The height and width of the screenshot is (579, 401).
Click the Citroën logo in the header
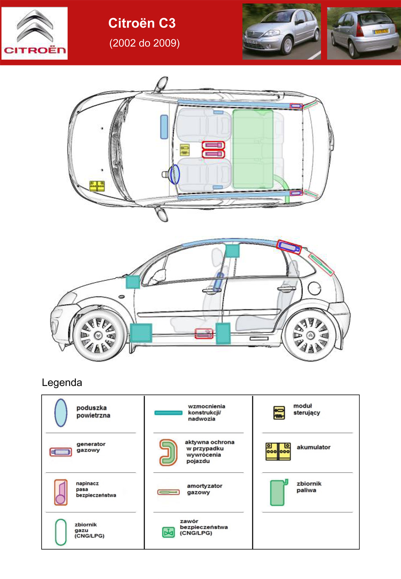[x=34, y=33]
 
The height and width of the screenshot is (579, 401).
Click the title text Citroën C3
[x=142, y=23]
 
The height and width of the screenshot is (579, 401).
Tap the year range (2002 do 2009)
[x=144, y=43]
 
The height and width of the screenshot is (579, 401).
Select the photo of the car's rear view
[x=364, y=33]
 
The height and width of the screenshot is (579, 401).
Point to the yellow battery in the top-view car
[x=97, y=186]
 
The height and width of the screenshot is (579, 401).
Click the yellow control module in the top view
[x=184, y=150]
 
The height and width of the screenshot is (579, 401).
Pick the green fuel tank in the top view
[x=253, y=149]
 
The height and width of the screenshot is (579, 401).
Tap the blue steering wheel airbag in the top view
[x=175, y=174]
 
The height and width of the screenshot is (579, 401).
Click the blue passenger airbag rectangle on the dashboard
[x=164, y=127]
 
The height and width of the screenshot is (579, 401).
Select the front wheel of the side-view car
[x=99, y=335]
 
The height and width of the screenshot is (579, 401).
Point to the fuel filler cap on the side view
[x=314, y=288]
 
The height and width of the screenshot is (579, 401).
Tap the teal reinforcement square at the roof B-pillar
[x=232, y=250]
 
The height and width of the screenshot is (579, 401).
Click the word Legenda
[x=62, y=382]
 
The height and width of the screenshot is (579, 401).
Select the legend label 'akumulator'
[x=314, y=447]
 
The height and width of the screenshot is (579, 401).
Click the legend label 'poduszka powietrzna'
[x=93, y=412]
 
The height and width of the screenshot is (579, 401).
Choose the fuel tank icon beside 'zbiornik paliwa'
[x=279, y=493]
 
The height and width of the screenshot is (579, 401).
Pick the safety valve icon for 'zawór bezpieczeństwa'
[x=168, y=532]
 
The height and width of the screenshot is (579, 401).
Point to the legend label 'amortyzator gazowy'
[x=205, y=489]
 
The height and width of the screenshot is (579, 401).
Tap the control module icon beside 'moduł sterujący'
[x=279, y=413]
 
